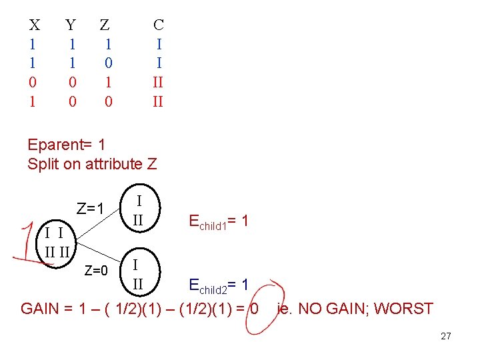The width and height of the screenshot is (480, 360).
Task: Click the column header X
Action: (35, 25)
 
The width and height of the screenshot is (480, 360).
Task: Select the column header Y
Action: (71, 25)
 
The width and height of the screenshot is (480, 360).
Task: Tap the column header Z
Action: (105, 25)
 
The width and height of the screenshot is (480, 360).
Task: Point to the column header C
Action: (159, 25)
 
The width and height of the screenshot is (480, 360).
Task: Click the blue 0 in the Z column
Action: (109, 63)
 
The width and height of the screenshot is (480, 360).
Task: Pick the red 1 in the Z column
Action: (109, 82)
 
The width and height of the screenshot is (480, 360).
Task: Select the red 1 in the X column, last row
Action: (33, 101)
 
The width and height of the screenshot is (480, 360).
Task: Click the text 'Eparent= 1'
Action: (67, 145)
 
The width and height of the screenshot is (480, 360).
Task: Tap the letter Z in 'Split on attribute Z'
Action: (152, 164)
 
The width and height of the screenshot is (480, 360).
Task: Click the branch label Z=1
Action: (90, 209)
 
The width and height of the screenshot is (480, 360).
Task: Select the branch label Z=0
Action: (96, 271)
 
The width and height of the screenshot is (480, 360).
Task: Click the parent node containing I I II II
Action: (56, 244)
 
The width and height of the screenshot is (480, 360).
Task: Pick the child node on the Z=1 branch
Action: (140, 208)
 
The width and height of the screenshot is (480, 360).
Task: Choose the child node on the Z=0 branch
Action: (140, 272)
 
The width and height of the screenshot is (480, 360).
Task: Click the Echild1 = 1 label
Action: (219, 221)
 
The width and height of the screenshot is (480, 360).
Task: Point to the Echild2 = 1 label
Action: (219, 285)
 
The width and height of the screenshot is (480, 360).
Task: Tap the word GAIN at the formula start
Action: (40, 309)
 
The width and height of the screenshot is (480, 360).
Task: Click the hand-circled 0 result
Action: (255, 309)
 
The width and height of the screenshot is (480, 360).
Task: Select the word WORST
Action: (403, 309)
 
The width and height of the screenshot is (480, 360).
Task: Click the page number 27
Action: (446, 336)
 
